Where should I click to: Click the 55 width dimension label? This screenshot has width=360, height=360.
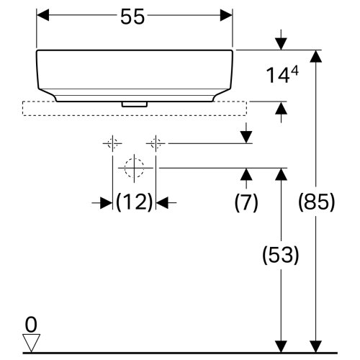134,18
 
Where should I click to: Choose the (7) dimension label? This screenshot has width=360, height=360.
246,203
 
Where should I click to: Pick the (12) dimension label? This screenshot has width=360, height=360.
135,203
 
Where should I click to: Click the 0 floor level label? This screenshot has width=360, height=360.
30,322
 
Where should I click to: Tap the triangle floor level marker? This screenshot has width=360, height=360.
30,342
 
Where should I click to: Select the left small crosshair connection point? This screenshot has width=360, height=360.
112,143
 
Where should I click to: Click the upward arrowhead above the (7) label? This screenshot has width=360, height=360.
246,174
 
